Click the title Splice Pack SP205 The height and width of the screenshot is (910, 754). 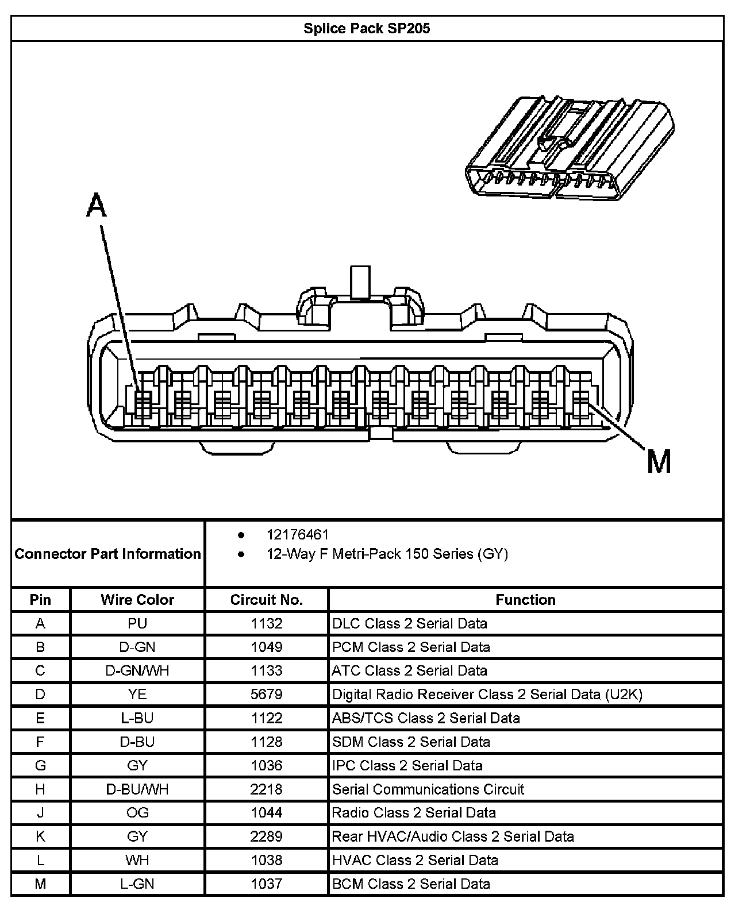[x=367, y=29]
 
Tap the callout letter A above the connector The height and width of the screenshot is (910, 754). [x=97, y=206]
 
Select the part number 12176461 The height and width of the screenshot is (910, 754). [x=298, y=535]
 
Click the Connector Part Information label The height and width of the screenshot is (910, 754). [x=108, y=554]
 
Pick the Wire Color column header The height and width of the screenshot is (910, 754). [x=137, y=600]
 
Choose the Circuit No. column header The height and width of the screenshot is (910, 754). [x=266, y=600]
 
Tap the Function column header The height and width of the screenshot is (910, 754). [x=525, y=600]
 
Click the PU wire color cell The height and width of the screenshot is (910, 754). [x=137, y=623]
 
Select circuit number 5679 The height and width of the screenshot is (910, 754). [x=266, y=694]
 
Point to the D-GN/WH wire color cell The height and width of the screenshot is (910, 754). [x=137, y=670]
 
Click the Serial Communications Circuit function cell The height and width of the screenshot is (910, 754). [x=428, y=789]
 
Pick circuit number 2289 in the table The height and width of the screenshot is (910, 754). [x=266, y=836]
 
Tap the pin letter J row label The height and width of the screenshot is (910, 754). [x=40, y=812]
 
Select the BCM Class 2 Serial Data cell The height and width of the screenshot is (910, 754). [x=411, y=884]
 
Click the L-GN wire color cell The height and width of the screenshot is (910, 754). [x=137, y=884]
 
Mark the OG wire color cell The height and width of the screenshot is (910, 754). [x=137, y=812]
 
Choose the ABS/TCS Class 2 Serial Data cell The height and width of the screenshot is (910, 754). [x=426, y=718]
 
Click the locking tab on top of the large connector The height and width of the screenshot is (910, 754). [x=361, y=283]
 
